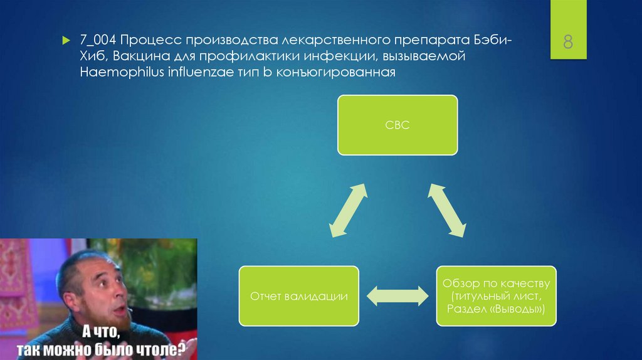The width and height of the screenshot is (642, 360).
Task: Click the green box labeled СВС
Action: click(x=397, y=125)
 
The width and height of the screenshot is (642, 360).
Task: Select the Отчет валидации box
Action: click(x=298, y=295)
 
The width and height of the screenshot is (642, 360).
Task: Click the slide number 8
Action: click(x=568, y=43)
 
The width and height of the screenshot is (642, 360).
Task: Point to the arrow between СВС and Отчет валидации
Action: click(x=349, y=210)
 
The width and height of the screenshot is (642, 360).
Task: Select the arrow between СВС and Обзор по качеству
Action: click(x=446, y=210)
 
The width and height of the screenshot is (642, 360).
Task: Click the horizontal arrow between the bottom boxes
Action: click(x=397, y=296)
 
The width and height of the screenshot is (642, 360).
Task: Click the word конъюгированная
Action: click(x=335, y=72)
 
